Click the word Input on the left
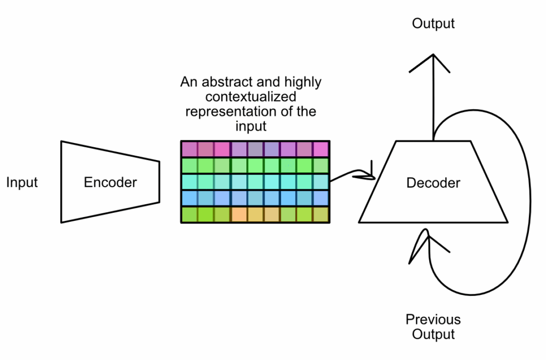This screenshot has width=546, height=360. pos(22,183)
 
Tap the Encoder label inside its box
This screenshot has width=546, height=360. pos(110,182)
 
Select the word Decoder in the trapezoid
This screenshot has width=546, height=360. pos(433,183)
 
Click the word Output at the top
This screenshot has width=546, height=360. pos(433,23)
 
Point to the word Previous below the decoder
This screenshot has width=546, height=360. pos(433,319)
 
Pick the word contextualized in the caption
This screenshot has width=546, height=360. pos(251,98)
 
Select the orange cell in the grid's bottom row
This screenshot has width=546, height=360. pos(239,214)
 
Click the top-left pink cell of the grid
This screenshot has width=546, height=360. pos(189,149)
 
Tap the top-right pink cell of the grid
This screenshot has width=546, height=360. pos(321,149)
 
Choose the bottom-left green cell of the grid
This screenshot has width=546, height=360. pos(189,214)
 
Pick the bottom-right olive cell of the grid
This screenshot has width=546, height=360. pos(321,214)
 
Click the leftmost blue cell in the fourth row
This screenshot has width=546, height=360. pos(189,198)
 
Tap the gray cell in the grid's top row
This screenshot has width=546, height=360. pos(255,149)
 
